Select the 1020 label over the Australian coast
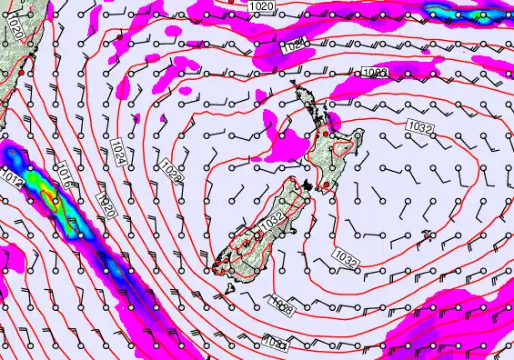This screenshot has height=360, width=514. pos(17,33)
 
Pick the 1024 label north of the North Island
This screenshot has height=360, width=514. pos(293,45)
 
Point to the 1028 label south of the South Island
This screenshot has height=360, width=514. pos(282,309)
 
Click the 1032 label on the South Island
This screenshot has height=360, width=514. pos(271,220)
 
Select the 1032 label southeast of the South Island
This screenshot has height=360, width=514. pos(347,260)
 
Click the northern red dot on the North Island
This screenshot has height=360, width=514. pos(326,134)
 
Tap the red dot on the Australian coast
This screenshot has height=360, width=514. pos(33,57)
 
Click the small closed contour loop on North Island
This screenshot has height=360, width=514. pos(343,147)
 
